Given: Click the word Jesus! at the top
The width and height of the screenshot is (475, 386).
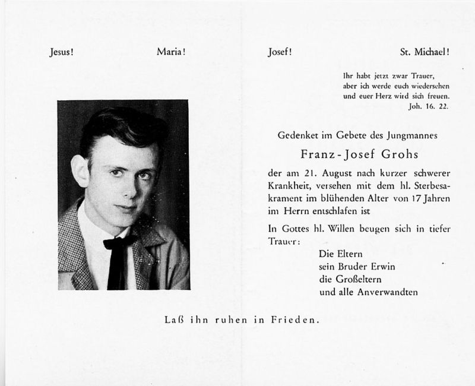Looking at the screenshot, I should click(61, 52).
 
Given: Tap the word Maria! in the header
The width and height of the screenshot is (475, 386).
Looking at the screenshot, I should click(171, 52).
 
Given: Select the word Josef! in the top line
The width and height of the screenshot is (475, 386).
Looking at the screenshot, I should click(280, 52).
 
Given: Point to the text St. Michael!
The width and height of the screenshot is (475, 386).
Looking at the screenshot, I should click(425, 52).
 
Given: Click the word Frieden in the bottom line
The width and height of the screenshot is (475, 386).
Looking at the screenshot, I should click(294, 321).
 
